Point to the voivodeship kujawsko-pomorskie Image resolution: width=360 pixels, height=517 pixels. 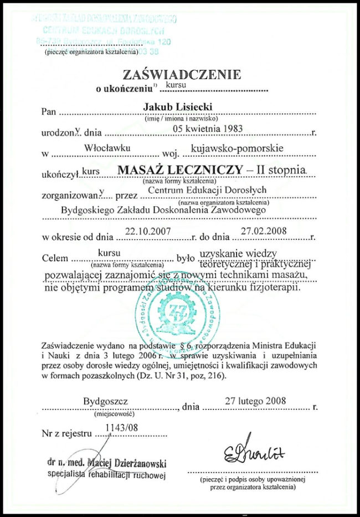(x=236, y=148)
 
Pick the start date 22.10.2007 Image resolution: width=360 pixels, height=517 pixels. (x=149, y=231)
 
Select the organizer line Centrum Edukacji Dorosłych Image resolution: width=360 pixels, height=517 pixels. (x=204, y=190)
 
